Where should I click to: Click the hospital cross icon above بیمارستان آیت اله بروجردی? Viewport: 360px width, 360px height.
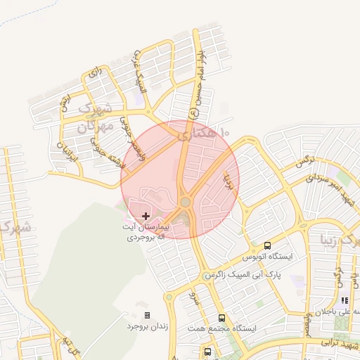(146, 216)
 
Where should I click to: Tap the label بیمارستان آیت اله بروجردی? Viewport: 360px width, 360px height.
(146, 233)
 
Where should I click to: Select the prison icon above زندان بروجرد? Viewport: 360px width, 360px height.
(147, 316)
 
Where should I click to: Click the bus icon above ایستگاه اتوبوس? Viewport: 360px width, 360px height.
(267, 245)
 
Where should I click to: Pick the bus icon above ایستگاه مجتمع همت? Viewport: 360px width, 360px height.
(222, 318)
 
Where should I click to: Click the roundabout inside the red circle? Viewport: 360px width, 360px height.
(185, 202)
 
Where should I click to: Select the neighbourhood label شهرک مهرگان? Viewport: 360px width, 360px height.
(95, 118)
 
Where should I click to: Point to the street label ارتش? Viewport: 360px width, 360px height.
(65, 104)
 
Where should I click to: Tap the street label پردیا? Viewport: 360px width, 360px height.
(227, 181)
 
